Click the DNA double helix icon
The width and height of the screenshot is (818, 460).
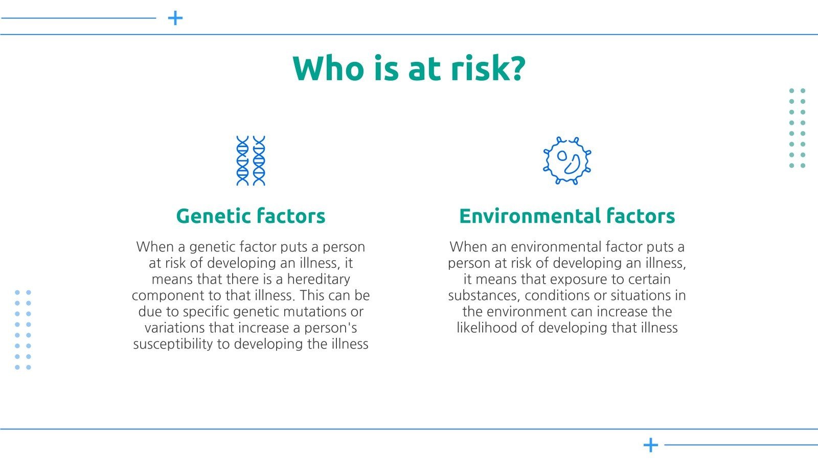(x=251, y=160)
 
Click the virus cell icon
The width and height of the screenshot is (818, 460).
(x=567, y=160)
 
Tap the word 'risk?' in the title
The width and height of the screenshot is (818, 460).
(x=488, y=68)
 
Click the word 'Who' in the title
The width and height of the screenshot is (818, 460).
(x=328, y=68)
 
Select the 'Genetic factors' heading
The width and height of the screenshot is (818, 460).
(x=251, y=216)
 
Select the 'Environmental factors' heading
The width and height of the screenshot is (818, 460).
(x=567, y=216)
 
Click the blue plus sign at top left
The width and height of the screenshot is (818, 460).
(x=175, y=18)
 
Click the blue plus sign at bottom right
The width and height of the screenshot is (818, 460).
(x=651, y=445)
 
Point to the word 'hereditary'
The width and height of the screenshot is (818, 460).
(x=319, y=279)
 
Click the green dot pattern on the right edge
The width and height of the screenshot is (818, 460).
(x=797, y=128)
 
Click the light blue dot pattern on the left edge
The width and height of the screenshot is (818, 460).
(x=23, y=330)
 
